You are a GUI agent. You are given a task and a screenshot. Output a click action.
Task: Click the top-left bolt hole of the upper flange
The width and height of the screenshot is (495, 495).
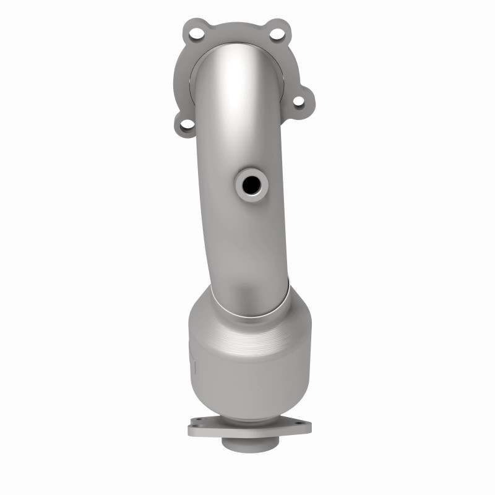coord(196,33)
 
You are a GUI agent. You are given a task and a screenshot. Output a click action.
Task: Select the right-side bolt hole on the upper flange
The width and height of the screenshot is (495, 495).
coord(299,102)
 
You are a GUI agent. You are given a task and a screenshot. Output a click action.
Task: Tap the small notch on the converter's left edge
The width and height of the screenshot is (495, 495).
coord(192,365)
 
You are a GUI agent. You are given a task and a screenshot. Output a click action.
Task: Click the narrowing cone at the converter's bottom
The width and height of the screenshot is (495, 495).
coord(247,408)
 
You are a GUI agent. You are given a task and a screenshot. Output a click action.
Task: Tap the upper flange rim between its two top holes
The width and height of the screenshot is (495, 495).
coord(235,26)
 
